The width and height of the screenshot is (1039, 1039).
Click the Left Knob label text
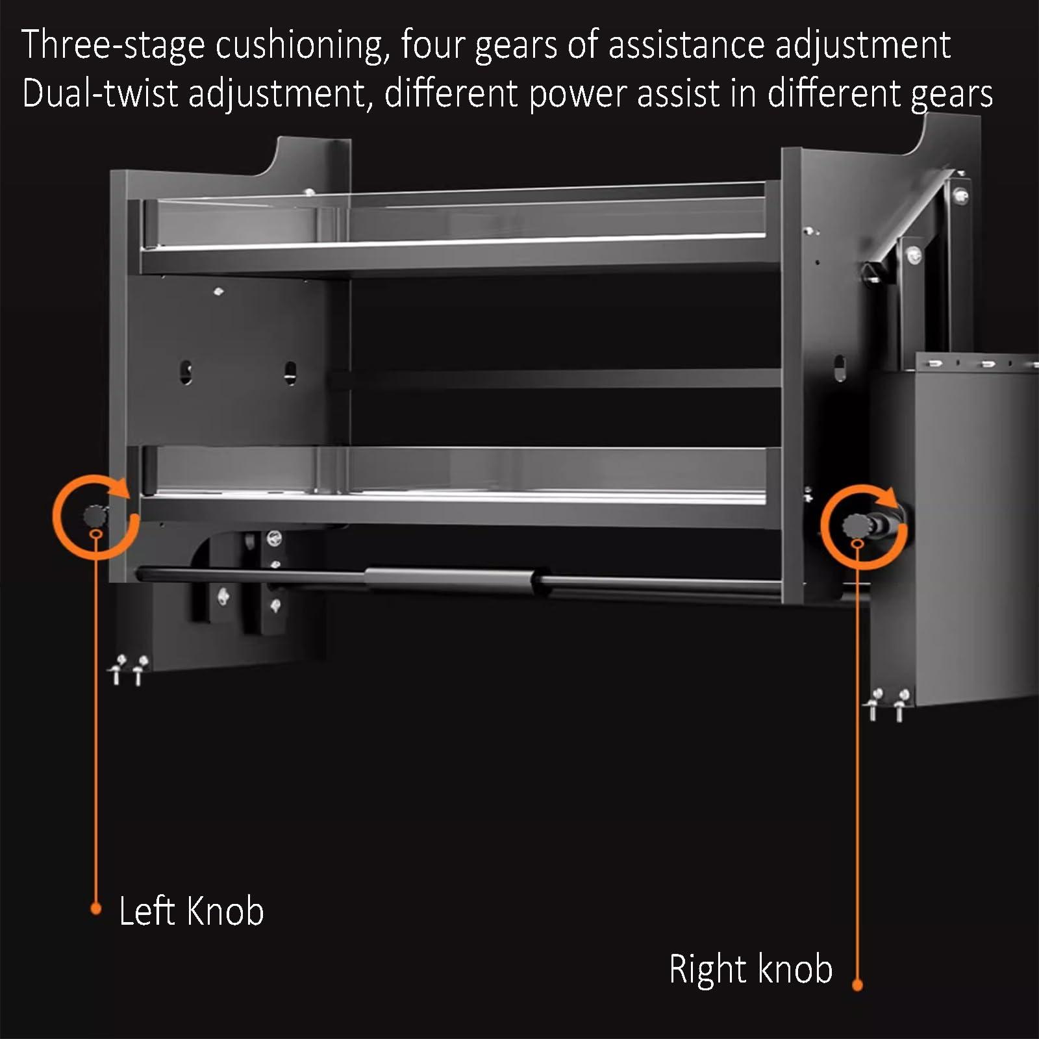pos(191,910)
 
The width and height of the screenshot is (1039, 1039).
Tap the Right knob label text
pos(751,969)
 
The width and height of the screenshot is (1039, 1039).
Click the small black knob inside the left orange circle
pos(95,517)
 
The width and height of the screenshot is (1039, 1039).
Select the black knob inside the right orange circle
pos(855,526)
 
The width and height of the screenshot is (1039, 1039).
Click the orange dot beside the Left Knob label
pos(95,908)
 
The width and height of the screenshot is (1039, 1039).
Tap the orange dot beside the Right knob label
pos(857,985)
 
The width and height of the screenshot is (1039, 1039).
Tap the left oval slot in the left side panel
pos(186,372)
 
